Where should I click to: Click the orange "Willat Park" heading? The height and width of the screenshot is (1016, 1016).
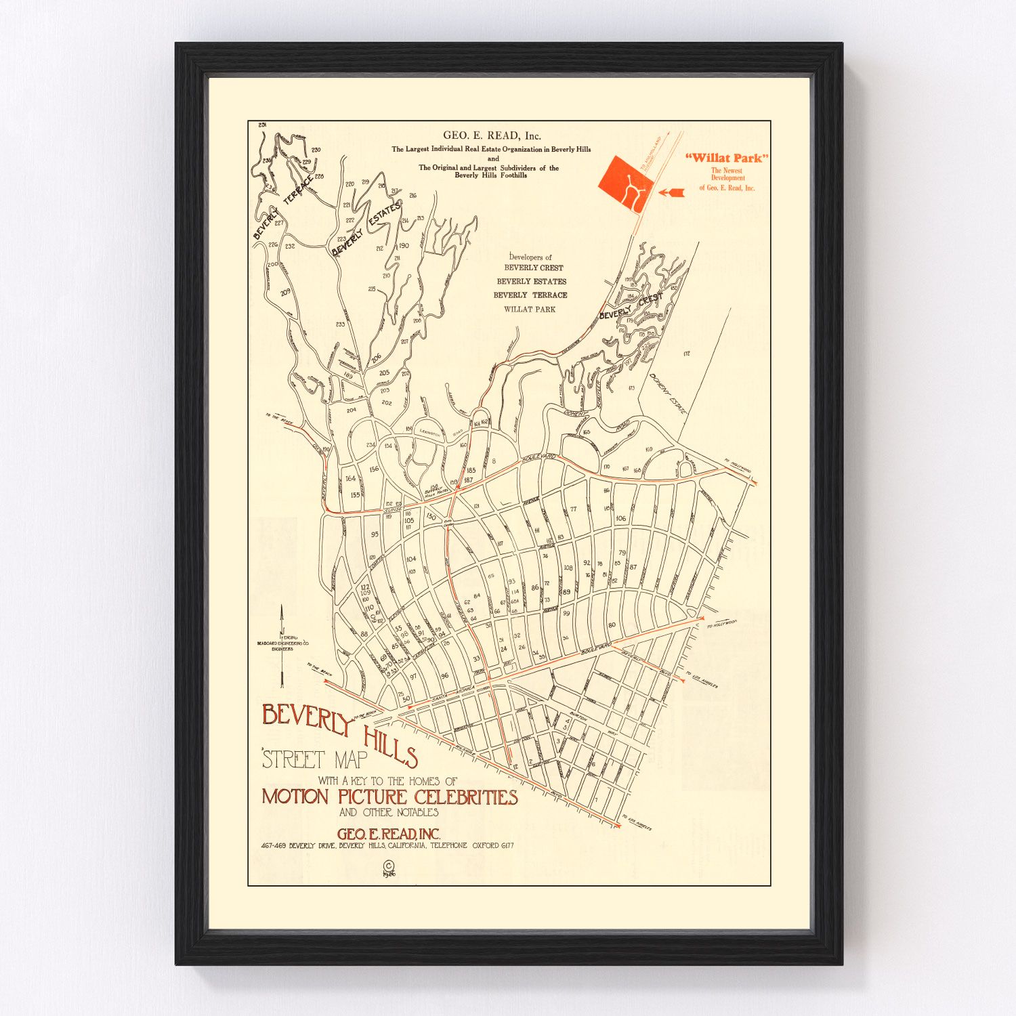[727, 158]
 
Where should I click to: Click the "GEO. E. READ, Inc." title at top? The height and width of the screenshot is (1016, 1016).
[492, 135]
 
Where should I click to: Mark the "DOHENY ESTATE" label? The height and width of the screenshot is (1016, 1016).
[667, 394]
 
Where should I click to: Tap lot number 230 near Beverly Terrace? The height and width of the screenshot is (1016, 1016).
[316, 150]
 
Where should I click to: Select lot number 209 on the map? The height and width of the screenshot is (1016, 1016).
[285, 292]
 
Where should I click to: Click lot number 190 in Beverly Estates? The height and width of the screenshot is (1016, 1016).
[404, 246]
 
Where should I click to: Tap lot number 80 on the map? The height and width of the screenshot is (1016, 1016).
[612, 625]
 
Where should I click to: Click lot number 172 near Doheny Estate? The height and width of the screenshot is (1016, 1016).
[686, 354]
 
